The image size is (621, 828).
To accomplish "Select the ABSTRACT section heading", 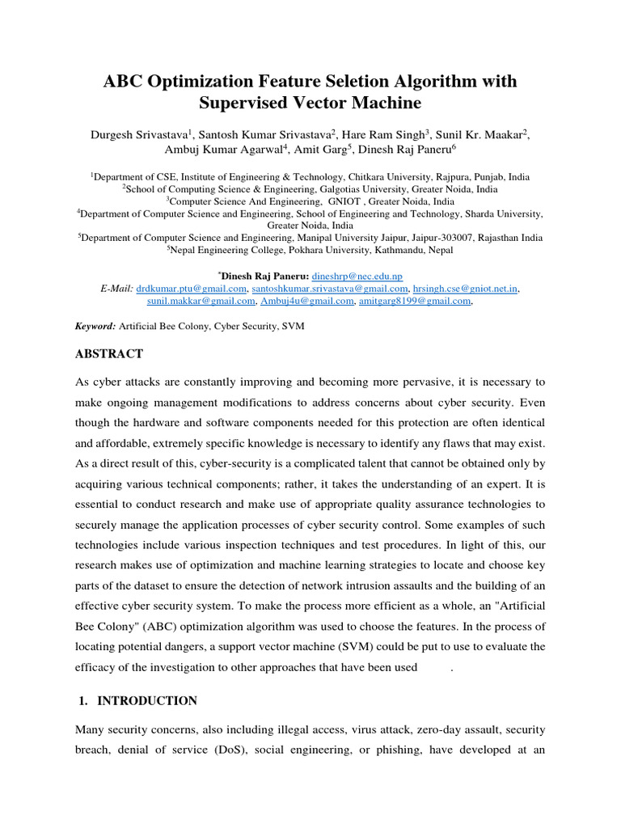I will point(109,354).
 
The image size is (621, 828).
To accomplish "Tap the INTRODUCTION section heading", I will point(146,701).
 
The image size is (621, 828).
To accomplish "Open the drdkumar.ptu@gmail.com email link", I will point(192,288).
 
